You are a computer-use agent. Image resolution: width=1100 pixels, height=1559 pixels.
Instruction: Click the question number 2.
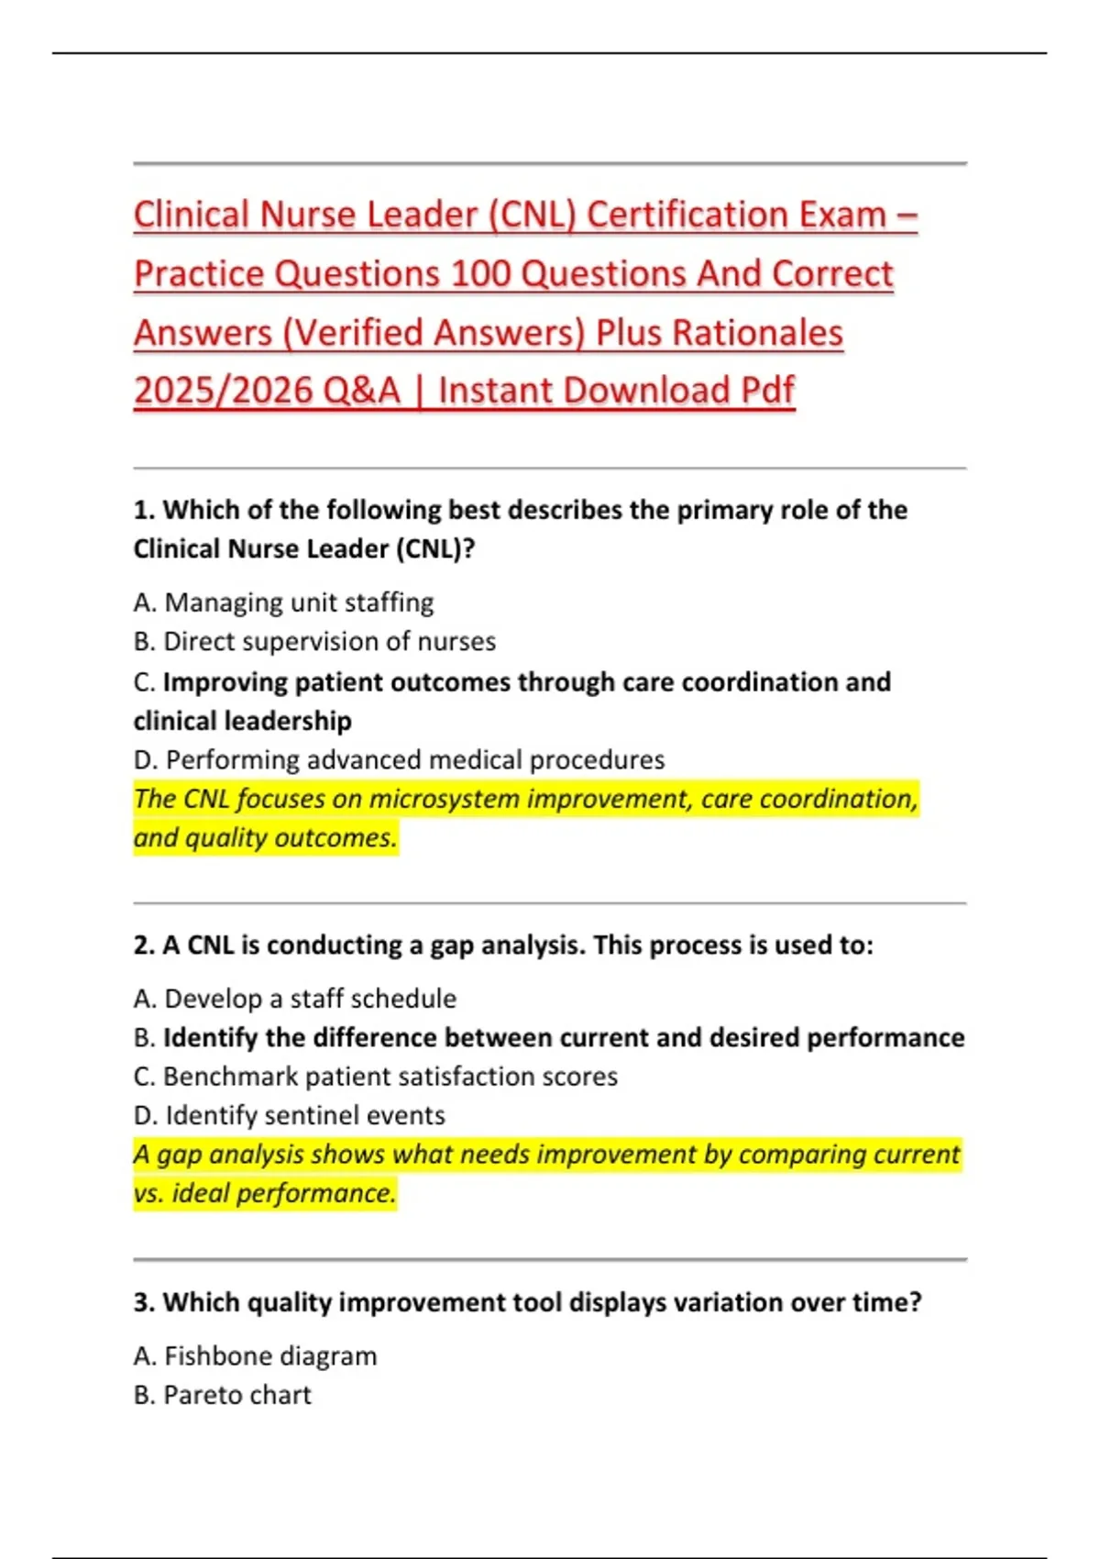[143, 945]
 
